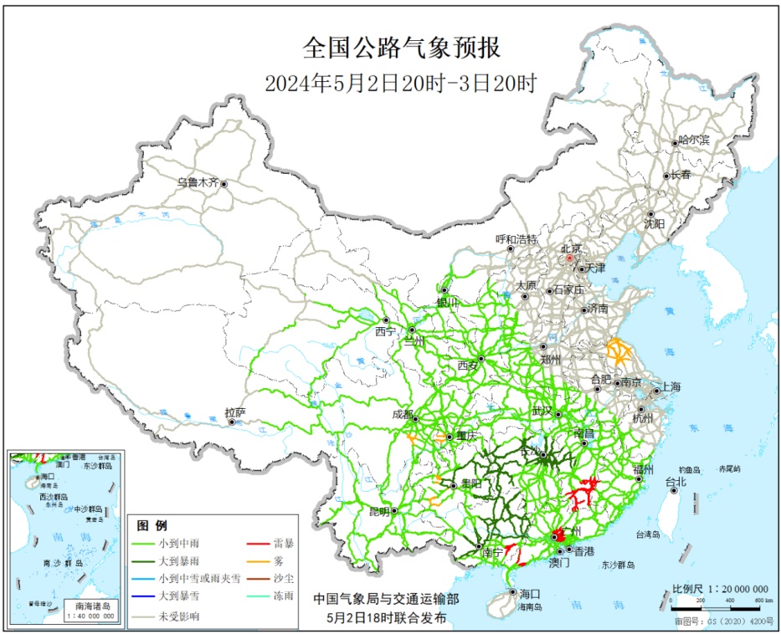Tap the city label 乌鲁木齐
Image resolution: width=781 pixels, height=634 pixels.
[x=197, y=182]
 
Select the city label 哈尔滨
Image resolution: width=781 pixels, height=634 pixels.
[x=693, y=141]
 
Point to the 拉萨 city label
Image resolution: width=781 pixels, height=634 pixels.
[x=235, y=412]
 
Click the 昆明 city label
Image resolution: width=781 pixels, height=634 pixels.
[x=378, y=510]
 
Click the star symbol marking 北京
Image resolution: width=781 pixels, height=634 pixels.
[x=569, y=258]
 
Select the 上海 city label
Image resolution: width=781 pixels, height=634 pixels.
[x=671, y=386]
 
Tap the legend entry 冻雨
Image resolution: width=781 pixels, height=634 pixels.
[x=283, y=596]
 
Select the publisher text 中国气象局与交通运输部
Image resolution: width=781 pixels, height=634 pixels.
[x=386, y=599]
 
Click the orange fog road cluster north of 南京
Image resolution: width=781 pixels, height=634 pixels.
[x=620, y=351]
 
